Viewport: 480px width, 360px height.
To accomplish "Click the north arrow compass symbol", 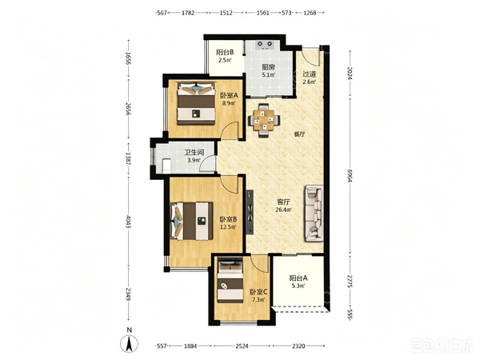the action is click(x=130, y=343).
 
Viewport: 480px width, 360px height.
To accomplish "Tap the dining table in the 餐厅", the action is click(x=264, y=120).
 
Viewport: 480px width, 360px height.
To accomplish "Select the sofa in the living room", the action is click(x=314, y=214).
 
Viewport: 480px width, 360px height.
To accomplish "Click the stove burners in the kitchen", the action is click(x=265, y=45).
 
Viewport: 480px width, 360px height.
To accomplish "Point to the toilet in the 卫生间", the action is click(x=166, y=165).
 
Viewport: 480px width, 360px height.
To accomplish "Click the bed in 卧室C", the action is click(x=230, y=282).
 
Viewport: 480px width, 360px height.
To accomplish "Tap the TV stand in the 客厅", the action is click(x=250, y=212).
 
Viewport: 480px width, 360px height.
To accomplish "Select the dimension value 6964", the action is click(x=350, y=176).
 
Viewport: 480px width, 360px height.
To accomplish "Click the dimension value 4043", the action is click(x=128, y=221).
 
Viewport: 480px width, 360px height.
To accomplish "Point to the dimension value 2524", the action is click(x=242, y=346).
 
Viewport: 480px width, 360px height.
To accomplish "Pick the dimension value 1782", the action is click(x=188, y=13).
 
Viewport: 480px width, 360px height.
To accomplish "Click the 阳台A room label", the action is click(x=298, y=278).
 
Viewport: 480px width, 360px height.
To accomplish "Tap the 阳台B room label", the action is click(x=225, y=52).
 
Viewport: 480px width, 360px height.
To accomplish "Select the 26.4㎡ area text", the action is click(x=284, y=210).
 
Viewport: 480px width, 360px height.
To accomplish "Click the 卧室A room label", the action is click(x=229, y=95).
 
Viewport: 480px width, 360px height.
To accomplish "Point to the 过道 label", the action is click(x=309, y=74).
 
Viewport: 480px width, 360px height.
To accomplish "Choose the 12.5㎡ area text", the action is click(x=228, y=227).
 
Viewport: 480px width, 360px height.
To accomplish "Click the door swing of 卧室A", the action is click(x=230, y=130).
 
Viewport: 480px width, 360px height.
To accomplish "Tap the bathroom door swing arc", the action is click(x=207, y=163).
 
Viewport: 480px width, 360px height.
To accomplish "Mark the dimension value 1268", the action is click(x=310, y=13).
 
